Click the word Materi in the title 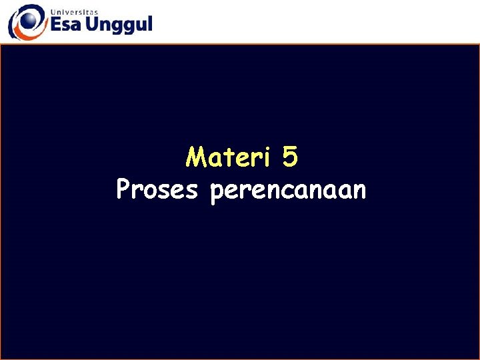pyautogui.click(x=229, y=158)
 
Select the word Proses pyautogui.click(x=157, y=190)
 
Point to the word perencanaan pyautogui.click(x=288, y=191)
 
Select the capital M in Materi pyautogui.click(x=196, y=158)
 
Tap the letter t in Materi pyautogui.click(x=231, y=158)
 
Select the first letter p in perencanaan pyautogui.click(x=216, y=193)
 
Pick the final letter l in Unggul pyautogui.click(x=149, y=24)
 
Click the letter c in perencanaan pyautogui.click(x=289, y=191)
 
